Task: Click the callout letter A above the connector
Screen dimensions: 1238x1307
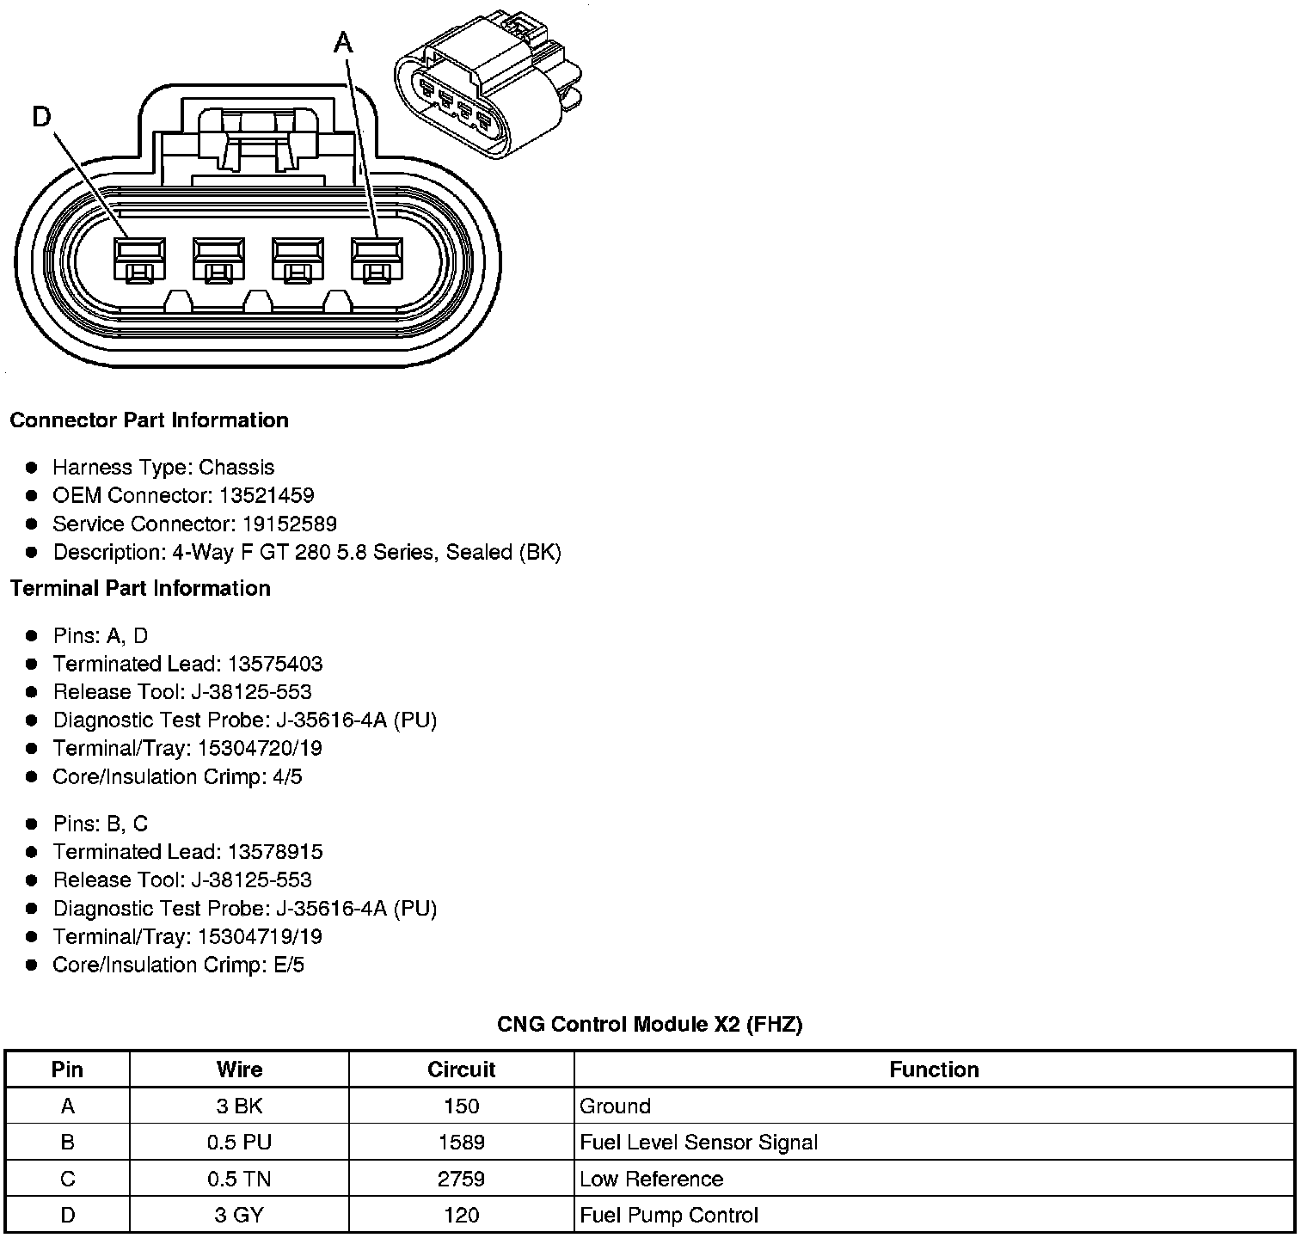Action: coord(343,41)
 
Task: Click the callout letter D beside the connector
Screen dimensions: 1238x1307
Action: coord(41,116)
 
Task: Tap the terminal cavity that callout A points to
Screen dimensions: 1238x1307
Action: coord(376,259)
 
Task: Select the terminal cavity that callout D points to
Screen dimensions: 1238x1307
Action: coord(138,259)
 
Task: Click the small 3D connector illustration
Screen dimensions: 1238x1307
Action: coord(486,86)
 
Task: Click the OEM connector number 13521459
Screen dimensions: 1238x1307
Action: coord(267,496)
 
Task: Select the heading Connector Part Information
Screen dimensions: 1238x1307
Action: coord(149,420)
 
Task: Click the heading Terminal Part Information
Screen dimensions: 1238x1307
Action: coord(140,589)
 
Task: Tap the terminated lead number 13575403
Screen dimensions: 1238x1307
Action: coord(275,665)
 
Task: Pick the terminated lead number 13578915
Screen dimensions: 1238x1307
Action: coord(275,852)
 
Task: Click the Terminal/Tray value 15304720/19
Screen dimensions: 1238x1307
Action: coord(260,749)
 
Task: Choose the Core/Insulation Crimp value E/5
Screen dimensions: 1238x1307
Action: coord(286,965)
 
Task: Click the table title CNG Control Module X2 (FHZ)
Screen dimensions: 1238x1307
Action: coord(649,1025)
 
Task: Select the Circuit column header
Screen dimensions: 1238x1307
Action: coord(461,1069)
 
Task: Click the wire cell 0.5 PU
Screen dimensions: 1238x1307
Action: coord(239,1143)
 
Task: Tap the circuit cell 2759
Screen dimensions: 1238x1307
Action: coord(461,1179)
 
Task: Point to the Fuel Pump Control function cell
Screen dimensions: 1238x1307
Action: coord(669,1216)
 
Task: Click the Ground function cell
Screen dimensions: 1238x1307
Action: coord(615,1106)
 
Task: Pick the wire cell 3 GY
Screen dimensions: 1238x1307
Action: coord(239,1216)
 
